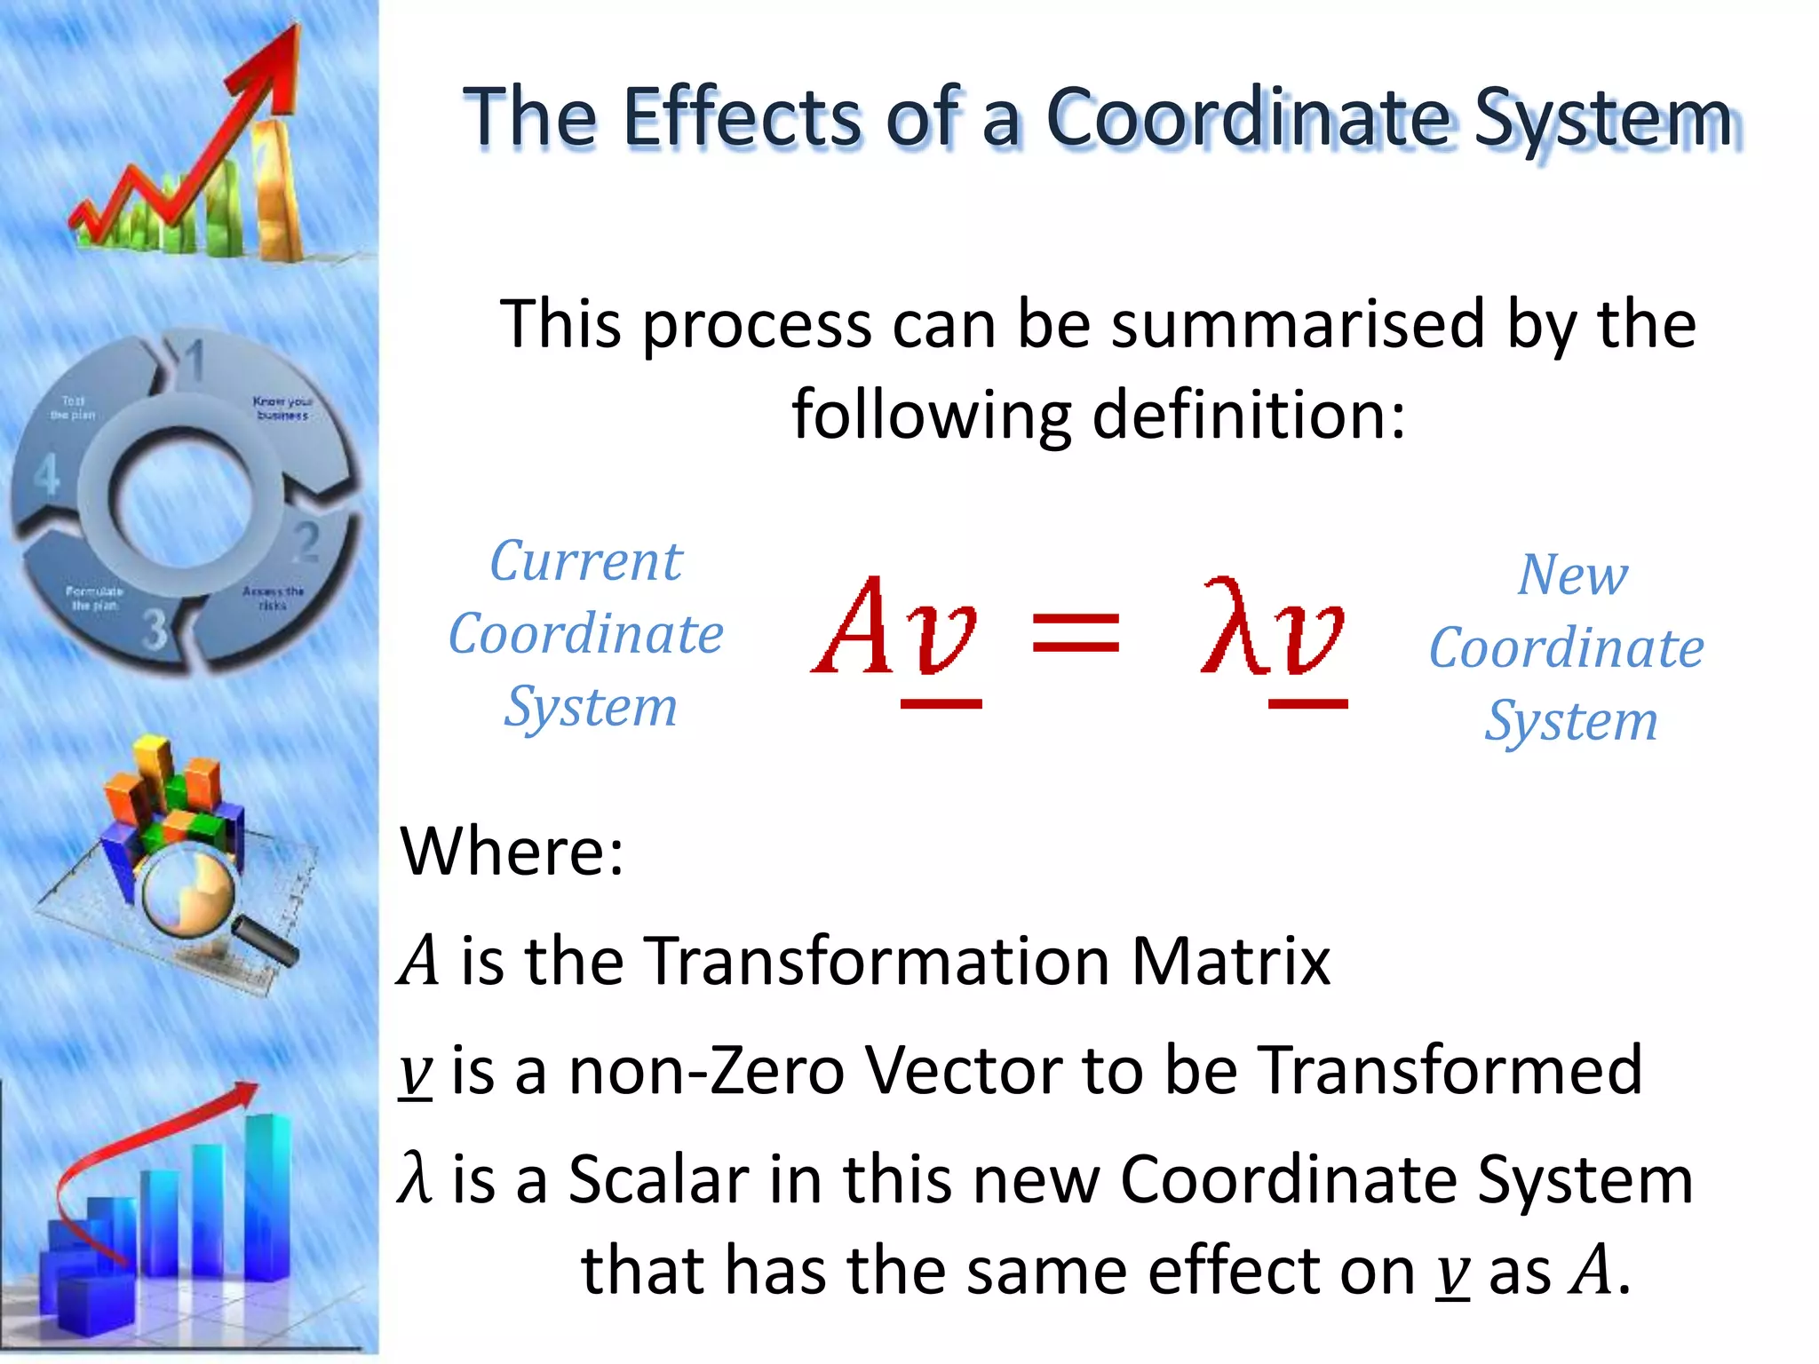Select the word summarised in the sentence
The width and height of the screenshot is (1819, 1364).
point(1299,324)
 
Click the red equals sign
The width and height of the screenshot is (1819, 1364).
point(1076,632)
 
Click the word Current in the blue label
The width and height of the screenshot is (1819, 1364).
point(586,561)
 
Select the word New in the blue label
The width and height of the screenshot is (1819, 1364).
point(1572,575)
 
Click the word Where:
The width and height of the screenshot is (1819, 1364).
point(512,851)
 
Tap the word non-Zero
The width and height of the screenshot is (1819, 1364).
point(706,1070)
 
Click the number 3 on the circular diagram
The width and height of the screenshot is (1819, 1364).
point(155,629)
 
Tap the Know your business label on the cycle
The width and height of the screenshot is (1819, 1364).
point(282,408)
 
